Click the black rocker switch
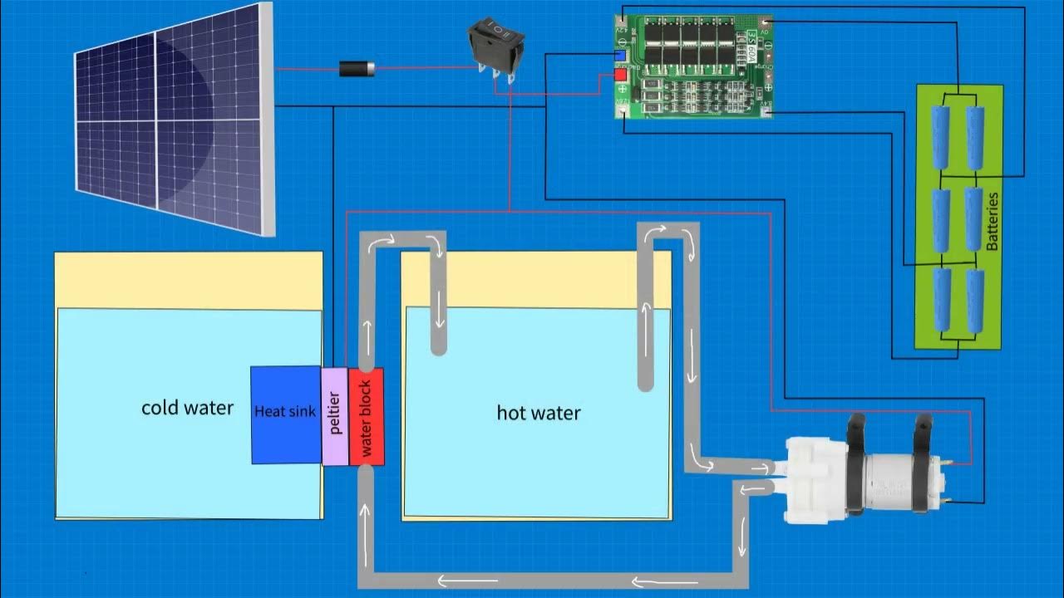point(495,47)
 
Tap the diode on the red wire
point(357,69)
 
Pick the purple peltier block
point(334,415)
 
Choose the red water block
point(366,416)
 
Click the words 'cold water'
point(187,408)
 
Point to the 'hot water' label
point(539,412)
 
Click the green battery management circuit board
point(694,66)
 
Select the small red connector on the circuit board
point(620,76)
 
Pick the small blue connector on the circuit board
point(620,56)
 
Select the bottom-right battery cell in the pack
point(975,300)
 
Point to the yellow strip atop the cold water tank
point(188,280)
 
